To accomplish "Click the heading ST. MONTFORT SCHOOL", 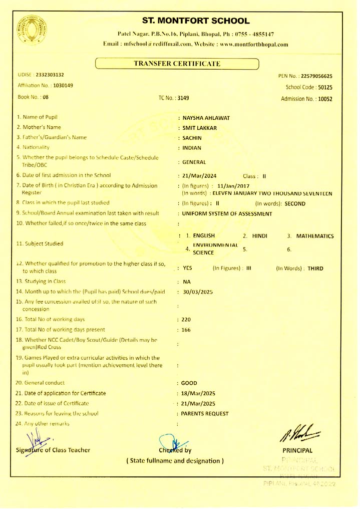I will click(x=196, y=21).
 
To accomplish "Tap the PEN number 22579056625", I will click(x=312, y=76).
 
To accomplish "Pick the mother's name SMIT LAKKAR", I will click(x=199, y=128).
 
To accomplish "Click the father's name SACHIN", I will click(x=192, y=137).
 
